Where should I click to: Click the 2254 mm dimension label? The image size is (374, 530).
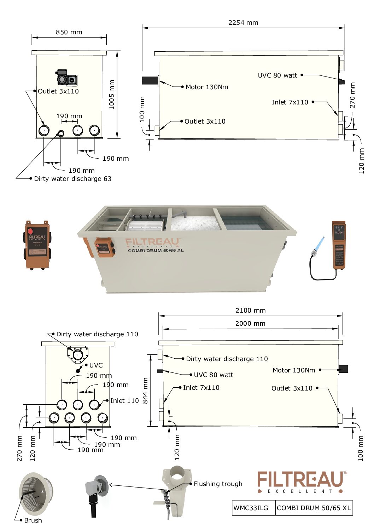click(243, 23)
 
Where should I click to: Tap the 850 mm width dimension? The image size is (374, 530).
click(69, 32)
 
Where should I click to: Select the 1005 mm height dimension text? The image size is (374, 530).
click(112, 95)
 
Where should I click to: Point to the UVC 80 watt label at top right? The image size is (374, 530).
click(277, 75)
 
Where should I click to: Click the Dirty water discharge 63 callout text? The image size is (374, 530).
click(72, 179)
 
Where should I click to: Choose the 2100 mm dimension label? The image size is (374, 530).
click(250, 310)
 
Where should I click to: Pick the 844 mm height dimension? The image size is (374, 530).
click(145, 391)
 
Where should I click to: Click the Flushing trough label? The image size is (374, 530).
click(218, 484)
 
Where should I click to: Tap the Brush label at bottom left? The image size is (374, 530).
click(33, 520)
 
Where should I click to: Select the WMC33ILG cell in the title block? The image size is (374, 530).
click(251, 508)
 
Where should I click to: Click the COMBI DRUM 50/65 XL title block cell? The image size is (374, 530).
click(314, 508)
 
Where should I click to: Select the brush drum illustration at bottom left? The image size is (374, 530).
click(36, 494)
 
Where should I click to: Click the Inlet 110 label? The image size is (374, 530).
click(124, 401)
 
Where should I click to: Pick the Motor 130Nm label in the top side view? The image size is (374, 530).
click(207, 87)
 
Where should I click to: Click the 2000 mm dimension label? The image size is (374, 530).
click(250, 324)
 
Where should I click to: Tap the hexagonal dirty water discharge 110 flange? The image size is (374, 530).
click(78, 354)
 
